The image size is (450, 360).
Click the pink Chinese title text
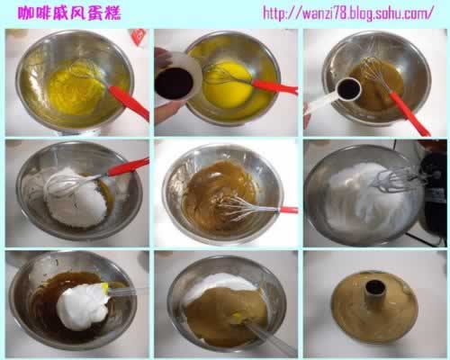pos(69,13)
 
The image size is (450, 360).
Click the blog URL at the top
pos(348,13)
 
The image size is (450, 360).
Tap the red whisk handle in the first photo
pos(129,103)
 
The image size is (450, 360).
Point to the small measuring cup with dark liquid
pos(348,89)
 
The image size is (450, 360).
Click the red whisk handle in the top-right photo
pos(409,113)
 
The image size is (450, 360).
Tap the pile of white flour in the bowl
pos(78,198)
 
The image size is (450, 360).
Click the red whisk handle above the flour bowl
pos(129,166)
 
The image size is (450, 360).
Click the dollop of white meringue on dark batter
pos(82,304)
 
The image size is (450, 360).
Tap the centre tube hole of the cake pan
pos(375,287)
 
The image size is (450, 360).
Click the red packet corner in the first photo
pos(138,38)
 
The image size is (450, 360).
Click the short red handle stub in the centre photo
pos(289,210)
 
